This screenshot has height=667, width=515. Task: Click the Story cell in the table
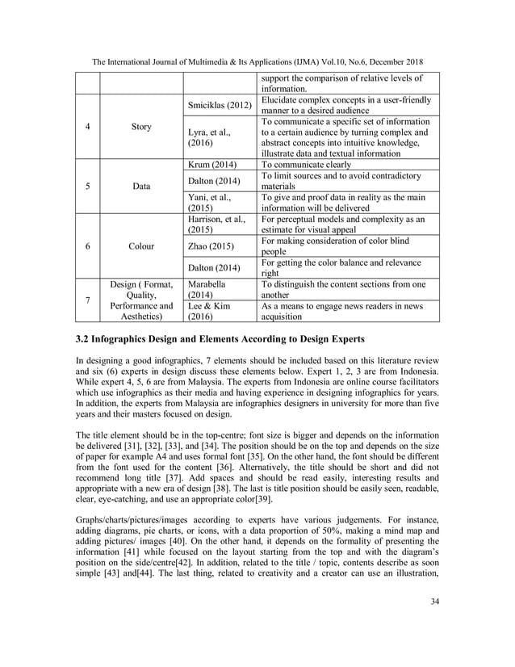click(140, 127)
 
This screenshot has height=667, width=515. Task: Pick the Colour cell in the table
click(140, 247)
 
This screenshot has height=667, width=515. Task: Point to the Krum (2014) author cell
click(212, 165)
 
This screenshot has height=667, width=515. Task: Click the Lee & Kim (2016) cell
click(210, 313)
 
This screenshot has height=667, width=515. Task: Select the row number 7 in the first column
click(87, 300)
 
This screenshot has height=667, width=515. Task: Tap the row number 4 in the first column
click(87, 127)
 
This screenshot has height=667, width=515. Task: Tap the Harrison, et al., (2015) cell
click(218, 223)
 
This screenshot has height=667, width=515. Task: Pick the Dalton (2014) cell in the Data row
click(214, 182)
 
